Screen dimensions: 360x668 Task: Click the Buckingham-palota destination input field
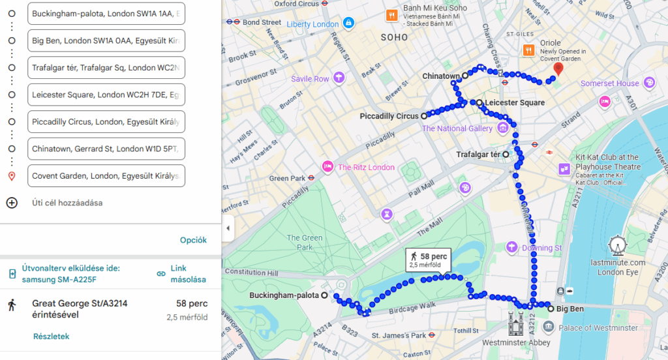click(x=106, y=13)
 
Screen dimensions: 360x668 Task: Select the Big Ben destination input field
click(x=106, y=40)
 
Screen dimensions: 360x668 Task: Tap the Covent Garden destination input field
click(x=106, y=176)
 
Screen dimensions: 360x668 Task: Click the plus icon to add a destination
click(x=12, y=203)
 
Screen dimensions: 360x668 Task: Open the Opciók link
click(x=193, y=240)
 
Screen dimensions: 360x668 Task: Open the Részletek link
click(x=51, y=337)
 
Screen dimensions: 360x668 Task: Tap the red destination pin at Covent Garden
click(x=558, y=68)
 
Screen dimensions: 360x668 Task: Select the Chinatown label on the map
click(x=441, y=76)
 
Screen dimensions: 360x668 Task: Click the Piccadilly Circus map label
click(x=389, y=116)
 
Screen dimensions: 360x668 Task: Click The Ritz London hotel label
click(x=365, y=167)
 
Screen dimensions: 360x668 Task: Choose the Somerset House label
click(x=610, y=83)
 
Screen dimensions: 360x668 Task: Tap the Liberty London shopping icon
click(x=349, y=23)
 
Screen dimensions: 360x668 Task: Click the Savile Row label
click(x=311, y=79)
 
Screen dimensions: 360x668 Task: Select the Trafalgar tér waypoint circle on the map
click(x=506, y=155)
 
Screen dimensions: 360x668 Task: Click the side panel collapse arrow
click(x=228, y=228)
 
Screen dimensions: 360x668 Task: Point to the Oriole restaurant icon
click(x=529, y=49)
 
